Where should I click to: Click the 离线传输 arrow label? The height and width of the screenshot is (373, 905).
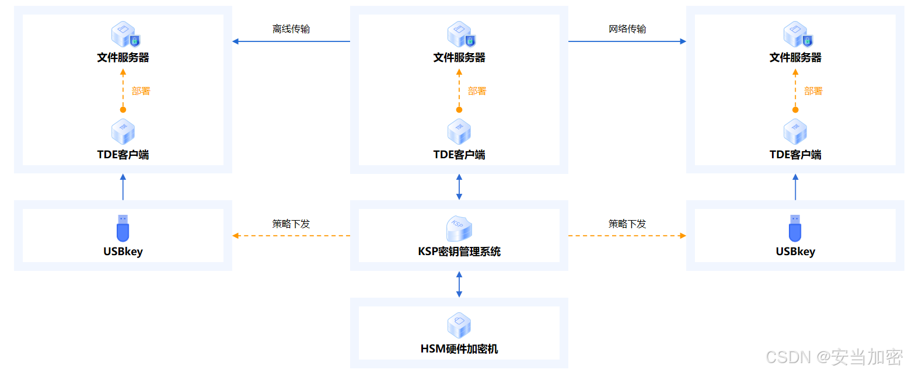click(291, 29)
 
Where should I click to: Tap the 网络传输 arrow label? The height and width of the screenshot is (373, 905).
click(627, 29)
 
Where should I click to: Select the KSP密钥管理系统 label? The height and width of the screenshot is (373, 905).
click(459, 252)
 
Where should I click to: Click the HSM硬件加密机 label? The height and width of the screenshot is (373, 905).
click(459, 349)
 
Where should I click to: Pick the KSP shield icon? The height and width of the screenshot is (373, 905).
click(459, 228)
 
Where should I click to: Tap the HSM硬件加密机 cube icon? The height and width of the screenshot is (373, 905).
click(459, 325)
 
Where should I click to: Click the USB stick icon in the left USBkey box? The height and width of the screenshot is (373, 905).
click(123, 228)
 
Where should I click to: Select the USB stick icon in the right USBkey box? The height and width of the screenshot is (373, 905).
click(795, 228)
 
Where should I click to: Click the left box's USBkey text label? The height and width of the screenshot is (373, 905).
click(123, 252)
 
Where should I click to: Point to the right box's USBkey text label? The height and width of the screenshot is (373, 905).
click(795, 252)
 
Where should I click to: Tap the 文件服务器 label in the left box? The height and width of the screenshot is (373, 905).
click(123, 58)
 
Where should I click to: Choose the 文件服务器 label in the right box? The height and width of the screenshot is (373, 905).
click(795, 58)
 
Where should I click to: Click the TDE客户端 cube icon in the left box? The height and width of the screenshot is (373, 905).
click(123, 132)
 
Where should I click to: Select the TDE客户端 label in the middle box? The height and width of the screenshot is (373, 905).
click(459, 155)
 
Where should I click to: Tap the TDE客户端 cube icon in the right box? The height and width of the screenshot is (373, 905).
click(795, 132)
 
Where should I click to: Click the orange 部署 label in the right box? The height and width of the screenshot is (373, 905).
click(813, 91)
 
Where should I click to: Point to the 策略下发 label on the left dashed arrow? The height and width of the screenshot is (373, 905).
click(291, 224)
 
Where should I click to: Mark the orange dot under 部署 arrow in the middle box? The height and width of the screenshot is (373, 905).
click(459, 110)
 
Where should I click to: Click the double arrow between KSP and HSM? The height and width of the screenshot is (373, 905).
click(459, 284)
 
